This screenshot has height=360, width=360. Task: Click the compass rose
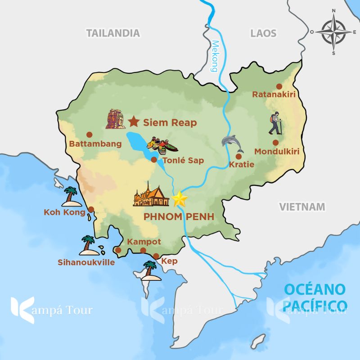pyautogui.click(x=333, y=32)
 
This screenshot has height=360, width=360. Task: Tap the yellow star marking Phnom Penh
pyautogui.click(x=180, y=198)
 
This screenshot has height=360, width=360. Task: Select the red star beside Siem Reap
pyautogui.click(x=134, y=121)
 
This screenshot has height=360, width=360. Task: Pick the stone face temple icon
pyautogui.click(x=115, y=119)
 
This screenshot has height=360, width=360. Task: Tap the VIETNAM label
pyautogui.click(x=302, y=207)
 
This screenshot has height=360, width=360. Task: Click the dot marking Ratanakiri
pyautogui.click(x=279, y=86)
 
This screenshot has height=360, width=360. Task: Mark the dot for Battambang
pyautogui.click(x=89, y=134)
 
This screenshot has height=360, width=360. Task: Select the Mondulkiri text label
pyautogui.click(x=277, y=152)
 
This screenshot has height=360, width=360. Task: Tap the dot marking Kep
pyautogui.click(x=156, y=256)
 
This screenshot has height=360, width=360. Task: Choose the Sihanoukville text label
pyautogui.click(x=86, y=262)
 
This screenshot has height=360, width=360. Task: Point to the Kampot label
pyautogui.click(x=144, y=242)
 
